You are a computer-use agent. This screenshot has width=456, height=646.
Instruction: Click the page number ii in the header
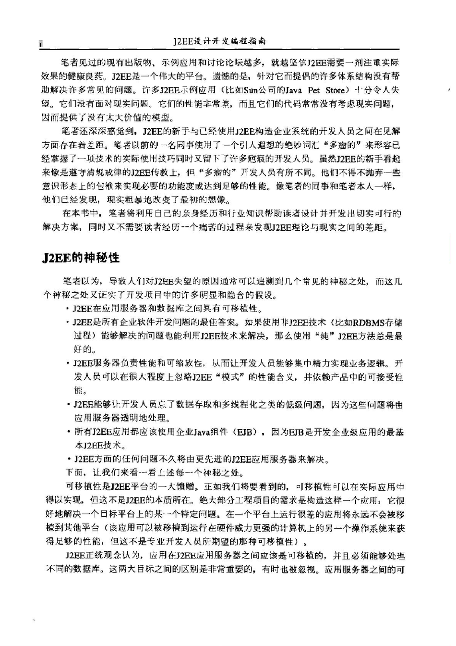[41, 43]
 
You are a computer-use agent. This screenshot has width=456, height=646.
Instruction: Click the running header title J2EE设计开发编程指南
[219, 41]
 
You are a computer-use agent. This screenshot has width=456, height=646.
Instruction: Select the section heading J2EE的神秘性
[80, 258]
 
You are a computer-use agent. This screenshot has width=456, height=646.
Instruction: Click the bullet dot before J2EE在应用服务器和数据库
[68, 309]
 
